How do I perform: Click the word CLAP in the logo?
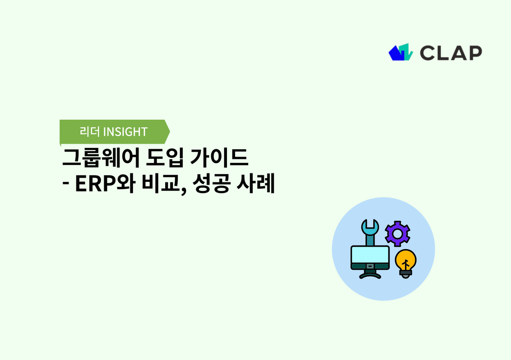(x=451, y=52)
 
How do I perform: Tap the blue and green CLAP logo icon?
(x=401, y=52)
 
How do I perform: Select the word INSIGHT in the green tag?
(x=125, y=132)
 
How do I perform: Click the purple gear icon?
(x=397, y=233)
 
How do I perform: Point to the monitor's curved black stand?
(x=370, y=275)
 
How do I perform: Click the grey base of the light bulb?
(x=405, y=274)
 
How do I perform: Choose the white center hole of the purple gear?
(x=397, y=233)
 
